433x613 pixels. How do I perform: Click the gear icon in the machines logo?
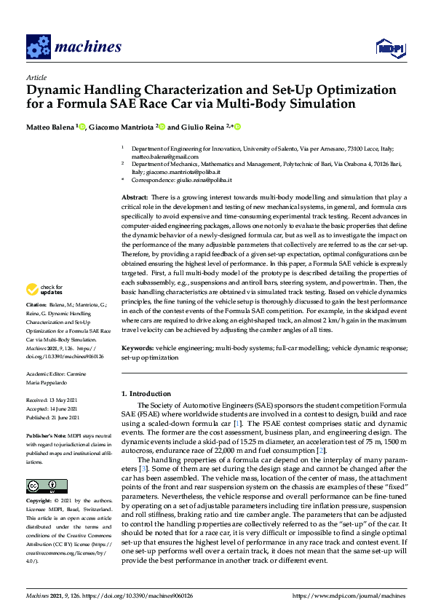pyautogui.click(x=38, y=47)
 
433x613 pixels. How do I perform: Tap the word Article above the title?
pyautogui.click(x=36, y=77)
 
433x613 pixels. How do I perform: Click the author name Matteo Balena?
pyautogui.click(x=50, y=127)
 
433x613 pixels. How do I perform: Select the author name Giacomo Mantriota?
pyautogui.click(x=122, y=127)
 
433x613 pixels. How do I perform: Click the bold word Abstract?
pyautogui.click(x=135, y=198)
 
